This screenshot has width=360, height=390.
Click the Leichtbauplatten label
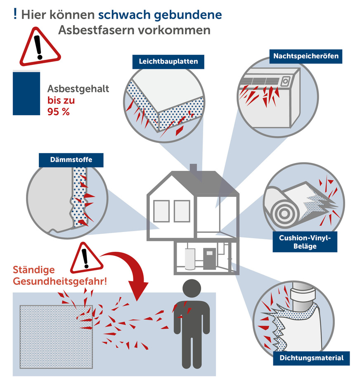(x=168, y=62)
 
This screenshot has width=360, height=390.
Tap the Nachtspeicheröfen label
(x=306, y=56)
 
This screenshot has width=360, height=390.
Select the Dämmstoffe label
(x=71, y=160)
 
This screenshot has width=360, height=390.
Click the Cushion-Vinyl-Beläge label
(x=305, y=242)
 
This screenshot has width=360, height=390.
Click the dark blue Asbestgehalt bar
(x=26, y=92)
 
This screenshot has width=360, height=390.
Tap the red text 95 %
(x=58, y=111)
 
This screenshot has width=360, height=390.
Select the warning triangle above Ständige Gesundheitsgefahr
(x=85, y=259)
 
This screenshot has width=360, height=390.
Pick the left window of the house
(x=161, y=211)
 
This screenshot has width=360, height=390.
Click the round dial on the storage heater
(x=284, y=82)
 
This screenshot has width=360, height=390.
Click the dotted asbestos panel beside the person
(x=56, y=336)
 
